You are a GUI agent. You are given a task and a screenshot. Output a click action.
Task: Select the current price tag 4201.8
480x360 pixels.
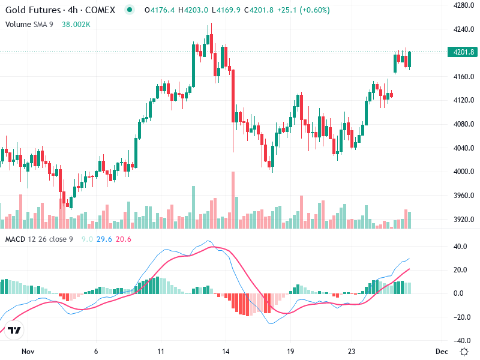[463, 52]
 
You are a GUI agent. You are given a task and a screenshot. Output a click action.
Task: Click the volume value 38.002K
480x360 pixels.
[76, 24]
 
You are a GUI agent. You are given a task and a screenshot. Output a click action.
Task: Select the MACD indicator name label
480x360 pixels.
[16, 239]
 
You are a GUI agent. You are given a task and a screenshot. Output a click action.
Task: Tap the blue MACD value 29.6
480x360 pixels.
[106, 239]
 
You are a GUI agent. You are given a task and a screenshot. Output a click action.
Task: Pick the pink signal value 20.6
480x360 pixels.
[124, 239]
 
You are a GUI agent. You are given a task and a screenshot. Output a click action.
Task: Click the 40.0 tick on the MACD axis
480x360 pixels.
[460, 246]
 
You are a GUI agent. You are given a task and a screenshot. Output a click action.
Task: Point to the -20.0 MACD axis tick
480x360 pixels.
[460, 317]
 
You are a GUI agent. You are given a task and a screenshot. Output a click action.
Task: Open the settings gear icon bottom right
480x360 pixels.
[464, 351]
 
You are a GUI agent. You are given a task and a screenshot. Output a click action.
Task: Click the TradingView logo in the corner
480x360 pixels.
[14, 331]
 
